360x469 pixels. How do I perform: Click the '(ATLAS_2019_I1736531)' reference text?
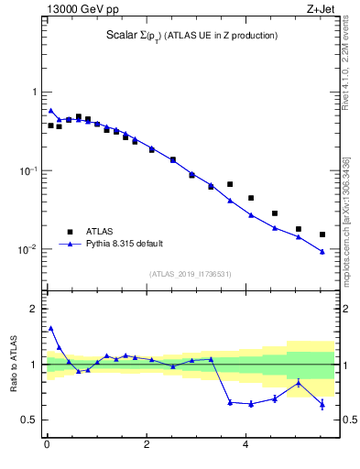190,274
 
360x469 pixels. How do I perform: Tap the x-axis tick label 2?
147,446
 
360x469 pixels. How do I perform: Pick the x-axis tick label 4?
245,446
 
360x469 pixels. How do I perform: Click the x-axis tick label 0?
47,446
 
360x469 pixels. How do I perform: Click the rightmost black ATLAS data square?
322,234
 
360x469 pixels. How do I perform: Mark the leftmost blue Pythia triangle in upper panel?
50,110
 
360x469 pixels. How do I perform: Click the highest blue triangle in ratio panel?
50,328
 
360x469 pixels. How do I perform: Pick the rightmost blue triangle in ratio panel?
322,404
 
